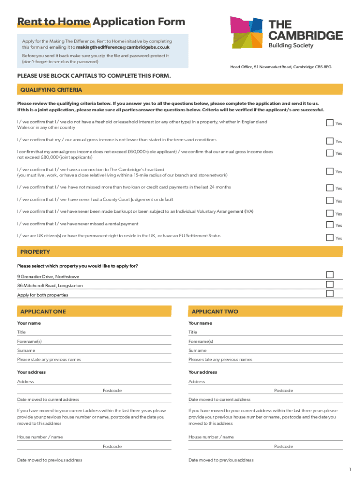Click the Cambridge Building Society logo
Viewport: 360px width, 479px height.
tap(286, 33)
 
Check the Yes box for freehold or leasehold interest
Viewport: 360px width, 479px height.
tap(330, 123)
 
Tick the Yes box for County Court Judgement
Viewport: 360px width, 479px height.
tap(330, 200)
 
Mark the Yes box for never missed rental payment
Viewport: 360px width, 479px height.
tap(330, 225)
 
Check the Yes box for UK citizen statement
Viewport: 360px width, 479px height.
tap(330, 237)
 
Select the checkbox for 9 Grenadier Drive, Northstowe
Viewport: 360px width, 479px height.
tap(330, 275)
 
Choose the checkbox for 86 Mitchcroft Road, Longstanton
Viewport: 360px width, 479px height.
tap(330, 284)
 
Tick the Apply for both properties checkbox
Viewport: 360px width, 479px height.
tap(330, 294)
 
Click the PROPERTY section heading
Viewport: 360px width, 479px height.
tap(35, 252)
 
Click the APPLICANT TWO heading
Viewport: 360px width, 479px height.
tap(215, 312)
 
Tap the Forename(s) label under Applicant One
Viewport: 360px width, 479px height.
tap(29, 341)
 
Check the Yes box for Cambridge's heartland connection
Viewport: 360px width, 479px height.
tap(330, 171)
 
